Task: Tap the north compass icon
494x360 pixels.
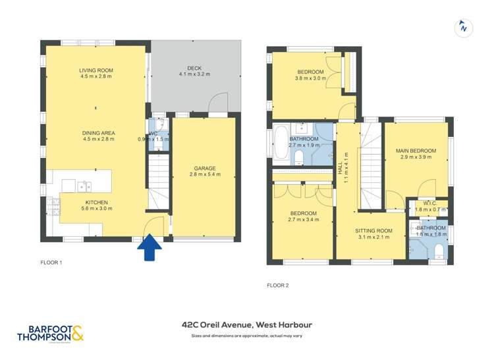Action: (464, 28)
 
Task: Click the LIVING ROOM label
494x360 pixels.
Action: (96, 70)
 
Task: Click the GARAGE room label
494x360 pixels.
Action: (204, 168)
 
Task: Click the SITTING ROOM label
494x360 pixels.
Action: (373, 230)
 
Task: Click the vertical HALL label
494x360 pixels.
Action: (341, 168)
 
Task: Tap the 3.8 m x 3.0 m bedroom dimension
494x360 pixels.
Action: (310, 79)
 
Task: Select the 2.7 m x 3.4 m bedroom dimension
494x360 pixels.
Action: (303, 220)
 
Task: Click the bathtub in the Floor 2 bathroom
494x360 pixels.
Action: (281, 143)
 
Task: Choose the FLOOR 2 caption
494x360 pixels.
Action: (277, 285)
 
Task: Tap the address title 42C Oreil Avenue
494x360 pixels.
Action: (247, 324)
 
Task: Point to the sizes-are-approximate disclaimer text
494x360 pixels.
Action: (247, 336)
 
